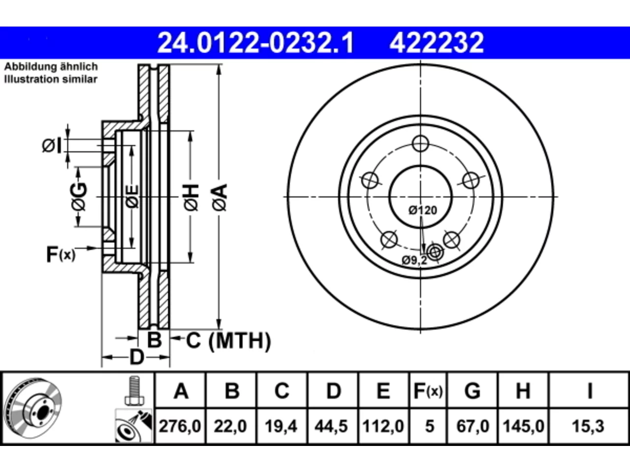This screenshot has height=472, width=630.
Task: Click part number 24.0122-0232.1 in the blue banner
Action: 255,43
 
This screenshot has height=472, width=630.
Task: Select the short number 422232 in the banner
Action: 437,43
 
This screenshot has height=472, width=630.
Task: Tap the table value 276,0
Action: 180,426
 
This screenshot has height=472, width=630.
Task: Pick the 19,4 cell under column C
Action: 281,426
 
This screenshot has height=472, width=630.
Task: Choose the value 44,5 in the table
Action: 331,426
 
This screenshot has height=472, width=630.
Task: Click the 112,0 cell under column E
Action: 383,426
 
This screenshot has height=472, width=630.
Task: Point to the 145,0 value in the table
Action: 523,426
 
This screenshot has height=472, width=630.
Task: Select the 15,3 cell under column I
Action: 588,426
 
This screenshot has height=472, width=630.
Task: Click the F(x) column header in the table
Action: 428,391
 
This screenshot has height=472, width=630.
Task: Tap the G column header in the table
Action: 472,391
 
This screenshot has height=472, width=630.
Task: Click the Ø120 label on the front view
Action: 423,210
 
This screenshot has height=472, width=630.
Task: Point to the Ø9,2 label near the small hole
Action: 414,261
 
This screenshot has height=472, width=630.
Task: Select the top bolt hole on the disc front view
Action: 420,143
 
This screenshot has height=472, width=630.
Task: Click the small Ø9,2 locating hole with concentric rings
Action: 435,253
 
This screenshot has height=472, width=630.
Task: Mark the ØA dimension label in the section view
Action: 220,198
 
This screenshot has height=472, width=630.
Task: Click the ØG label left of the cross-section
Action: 79,197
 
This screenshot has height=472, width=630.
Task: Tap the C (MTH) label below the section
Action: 228,341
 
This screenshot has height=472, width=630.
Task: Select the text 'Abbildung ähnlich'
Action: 51,67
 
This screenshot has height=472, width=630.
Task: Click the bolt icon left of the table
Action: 134,390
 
